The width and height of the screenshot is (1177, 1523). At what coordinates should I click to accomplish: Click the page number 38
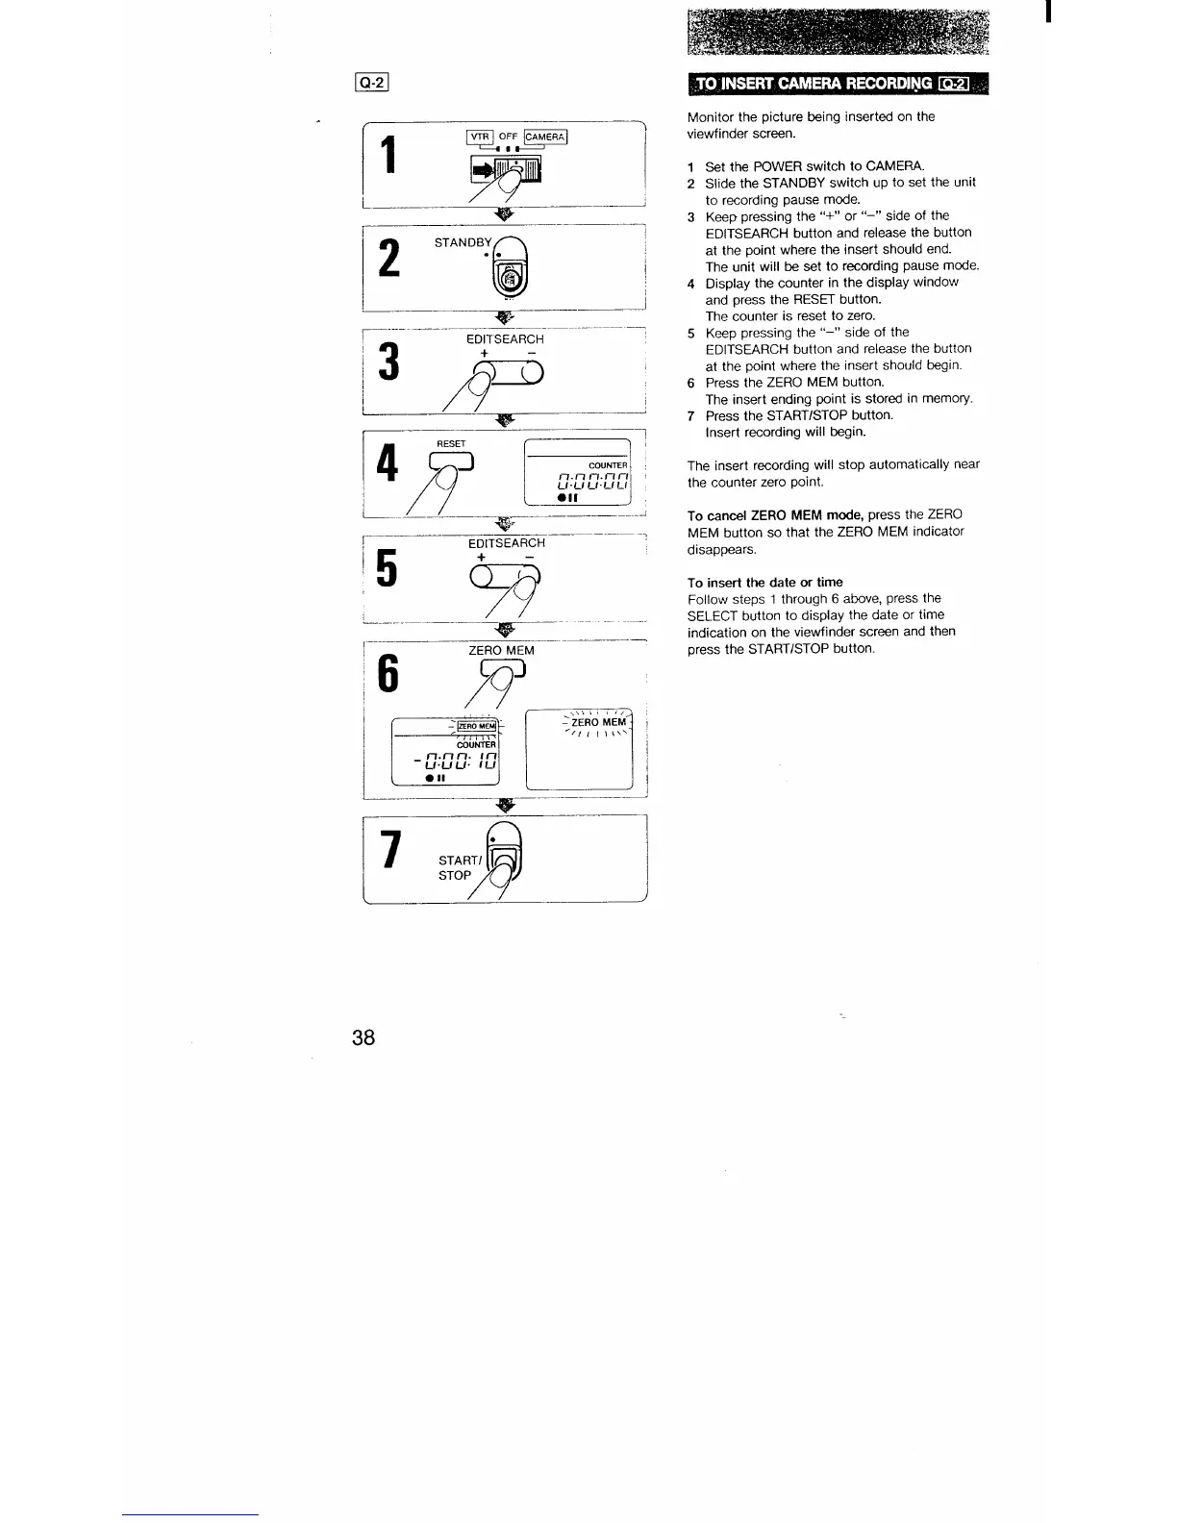point(363,1037)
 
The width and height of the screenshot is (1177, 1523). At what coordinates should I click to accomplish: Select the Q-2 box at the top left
point(371,83)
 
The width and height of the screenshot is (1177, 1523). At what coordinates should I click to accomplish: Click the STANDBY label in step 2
point(463,242)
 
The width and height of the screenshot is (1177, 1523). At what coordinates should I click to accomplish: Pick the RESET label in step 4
point(451,444)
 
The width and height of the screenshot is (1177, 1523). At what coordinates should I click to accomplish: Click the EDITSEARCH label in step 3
point(505,339)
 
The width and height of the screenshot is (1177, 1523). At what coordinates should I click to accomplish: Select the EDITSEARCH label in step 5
point(506,543)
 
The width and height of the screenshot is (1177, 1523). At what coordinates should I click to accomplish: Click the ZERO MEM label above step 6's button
point(501,651)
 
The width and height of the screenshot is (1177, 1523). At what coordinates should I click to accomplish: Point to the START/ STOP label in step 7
point(459,868)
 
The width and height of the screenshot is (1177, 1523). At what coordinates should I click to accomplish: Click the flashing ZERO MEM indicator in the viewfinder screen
point(598,722)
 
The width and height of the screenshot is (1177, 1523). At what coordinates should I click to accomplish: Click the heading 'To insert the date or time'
point(764,582)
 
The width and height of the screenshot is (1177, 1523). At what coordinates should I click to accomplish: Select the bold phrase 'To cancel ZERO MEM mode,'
point(775,514)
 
